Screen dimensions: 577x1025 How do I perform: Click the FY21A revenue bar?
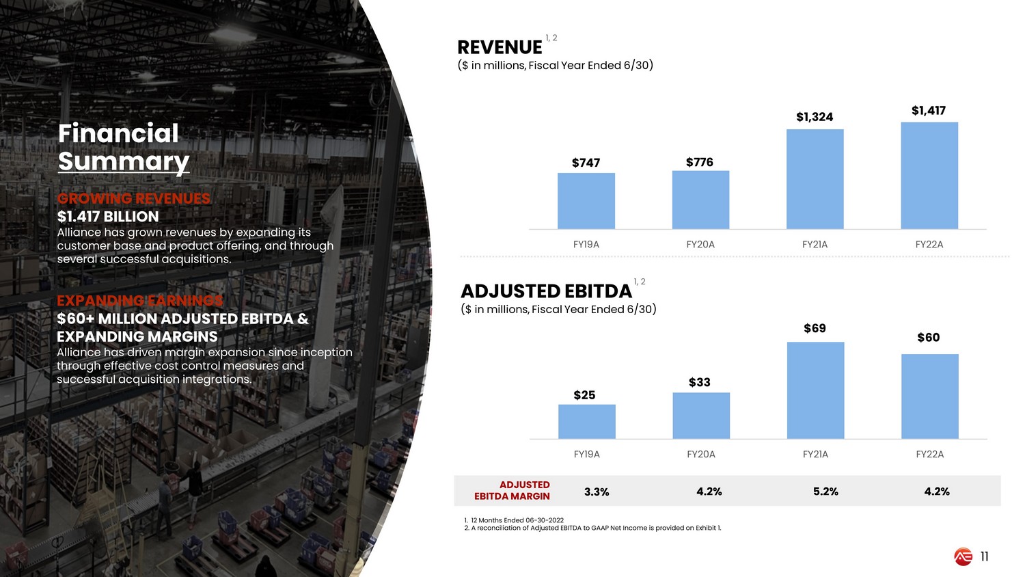815,179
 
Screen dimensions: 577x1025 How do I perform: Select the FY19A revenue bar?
586,201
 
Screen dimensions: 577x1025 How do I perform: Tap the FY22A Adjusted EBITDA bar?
929,397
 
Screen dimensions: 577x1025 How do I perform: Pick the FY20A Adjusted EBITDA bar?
701,416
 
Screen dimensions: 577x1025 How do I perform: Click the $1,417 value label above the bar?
929,111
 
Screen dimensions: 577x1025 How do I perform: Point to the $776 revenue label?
700,162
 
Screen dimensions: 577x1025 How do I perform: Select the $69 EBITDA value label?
815,328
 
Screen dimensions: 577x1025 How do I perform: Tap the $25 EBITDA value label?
584,395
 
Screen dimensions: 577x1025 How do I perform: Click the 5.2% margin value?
825,492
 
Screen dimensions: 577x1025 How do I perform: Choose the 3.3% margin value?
597,492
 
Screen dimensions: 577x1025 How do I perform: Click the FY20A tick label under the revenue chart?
700,244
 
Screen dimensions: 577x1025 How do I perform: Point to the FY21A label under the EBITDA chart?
815,454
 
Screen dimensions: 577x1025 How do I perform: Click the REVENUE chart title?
500,47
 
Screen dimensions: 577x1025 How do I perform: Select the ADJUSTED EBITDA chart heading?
547,291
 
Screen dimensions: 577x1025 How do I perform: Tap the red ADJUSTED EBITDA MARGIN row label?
512,490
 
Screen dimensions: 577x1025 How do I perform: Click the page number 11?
984,556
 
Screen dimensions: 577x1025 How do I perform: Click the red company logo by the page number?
963,557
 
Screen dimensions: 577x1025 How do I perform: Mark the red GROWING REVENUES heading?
134,198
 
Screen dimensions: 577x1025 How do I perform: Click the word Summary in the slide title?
124,161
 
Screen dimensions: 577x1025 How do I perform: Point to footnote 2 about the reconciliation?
592,528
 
